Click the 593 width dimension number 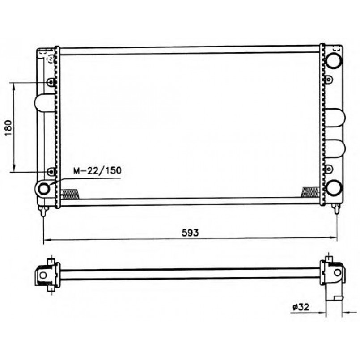190,233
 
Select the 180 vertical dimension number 8,127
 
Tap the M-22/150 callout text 97,170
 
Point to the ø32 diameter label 301,307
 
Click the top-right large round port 334,60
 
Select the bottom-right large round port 334,187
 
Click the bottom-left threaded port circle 43,189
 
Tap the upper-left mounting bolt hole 51,82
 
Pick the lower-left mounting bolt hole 51,171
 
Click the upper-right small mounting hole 329,80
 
